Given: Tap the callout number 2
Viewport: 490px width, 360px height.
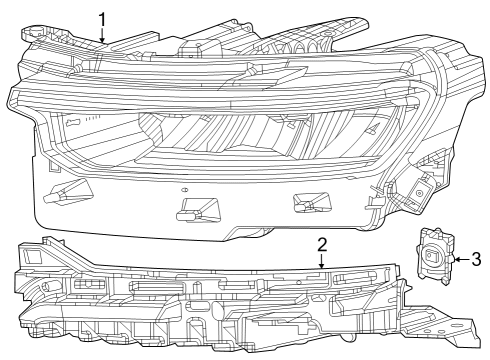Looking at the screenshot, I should tap(322, 244).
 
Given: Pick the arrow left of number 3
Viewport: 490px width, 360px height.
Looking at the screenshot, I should tap(462, 259).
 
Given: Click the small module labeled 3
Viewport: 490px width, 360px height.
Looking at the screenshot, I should tap(433, 258).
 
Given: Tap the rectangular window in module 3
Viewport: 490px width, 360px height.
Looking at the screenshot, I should tap(432, 257).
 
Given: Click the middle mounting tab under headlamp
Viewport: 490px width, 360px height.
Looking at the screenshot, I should tap(194, 209).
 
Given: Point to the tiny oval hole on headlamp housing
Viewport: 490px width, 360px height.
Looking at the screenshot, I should tap(184, 189).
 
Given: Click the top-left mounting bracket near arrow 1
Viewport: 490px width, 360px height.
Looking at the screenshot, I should tap(50, 34).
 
